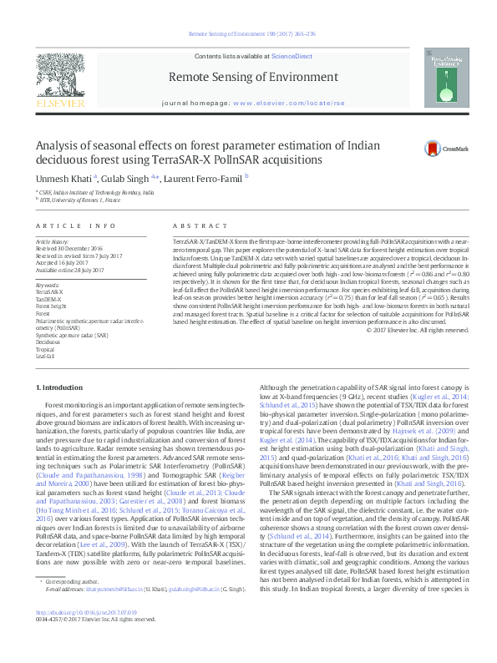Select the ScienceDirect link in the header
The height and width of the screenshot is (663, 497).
(292, 56)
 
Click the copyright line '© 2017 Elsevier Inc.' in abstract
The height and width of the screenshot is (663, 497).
(413, 329)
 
